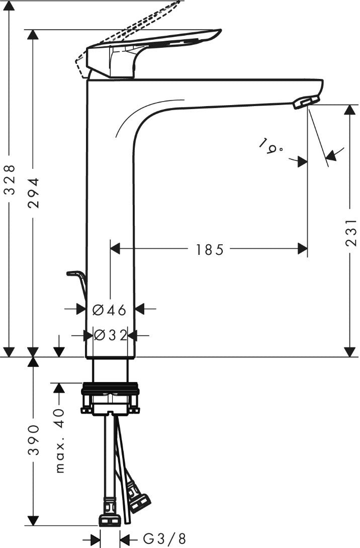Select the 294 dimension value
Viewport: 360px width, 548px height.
(34, 193)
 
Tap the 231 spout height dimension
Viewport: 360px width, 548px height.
(351, 232)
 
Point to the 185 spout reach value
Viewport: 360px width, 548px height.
(209, 249)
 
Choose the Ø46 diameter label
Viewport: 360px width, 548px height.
(110, 310)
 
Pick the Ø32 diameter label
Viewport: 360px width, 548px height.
(110, 335)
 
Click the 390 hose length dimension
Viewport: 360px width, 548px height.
(34, 440)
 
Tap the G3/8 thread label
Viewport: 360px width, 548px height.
(164, 538)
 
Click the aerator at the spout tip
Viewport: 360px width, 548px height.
(306, 103)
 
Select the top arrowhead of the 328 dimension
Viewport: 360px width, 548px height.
(10, 6)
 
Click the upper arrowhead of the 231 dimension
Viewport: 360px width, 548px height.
(349, 110)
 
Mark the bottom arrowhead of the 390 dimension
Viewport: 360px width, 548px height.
(33, 520)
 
